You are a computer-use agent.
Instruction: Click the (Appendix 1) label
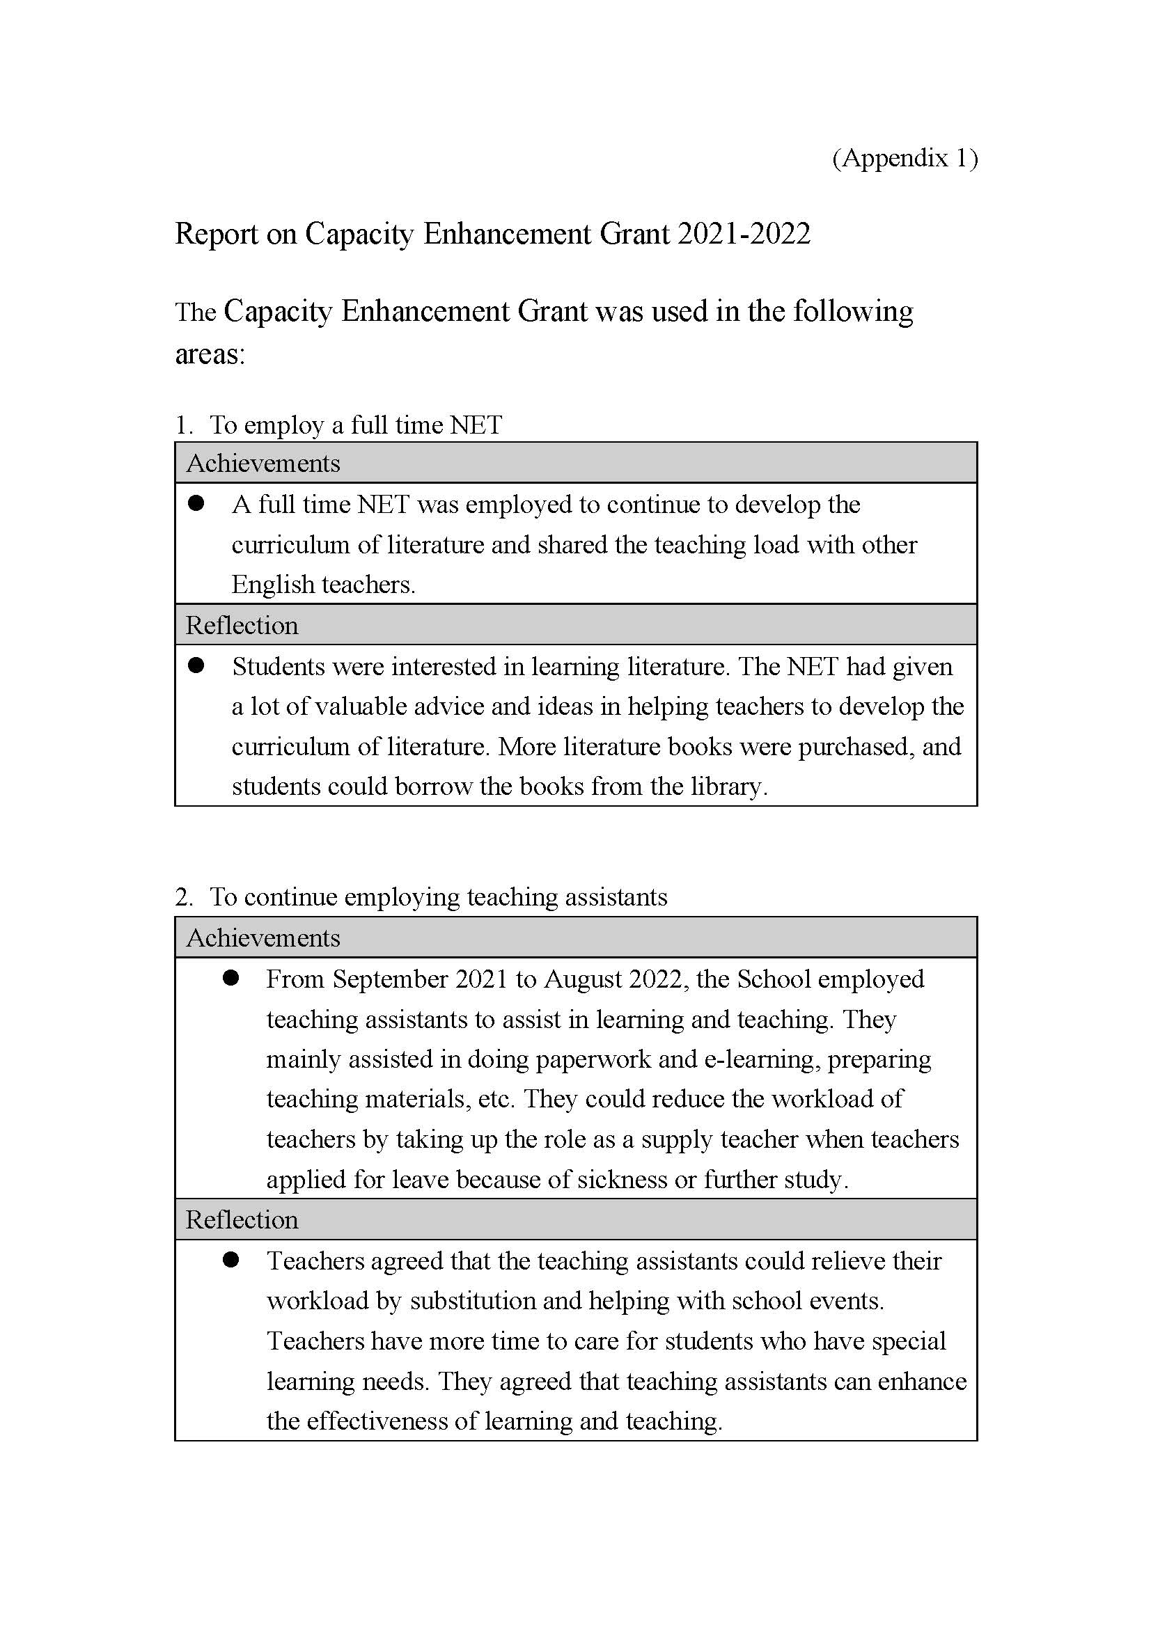pos(905,157)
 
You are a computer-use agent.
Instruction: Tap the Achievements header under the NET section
pos(263,464)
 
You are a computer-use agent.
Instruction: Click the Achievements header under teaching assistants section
pos(263,938)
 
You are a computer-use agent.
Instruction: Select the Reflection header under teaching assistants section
pos(242,1219)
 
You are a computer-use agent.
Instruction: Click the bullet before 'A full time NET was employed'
pos(196,503)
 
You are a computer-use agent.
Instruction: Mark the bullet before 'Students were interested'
pos(196,665)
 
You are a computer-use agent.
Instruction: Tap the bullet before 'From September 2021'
pos(230,978)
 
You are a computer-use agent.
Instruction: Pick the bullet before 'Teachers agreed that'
pos(230,1259)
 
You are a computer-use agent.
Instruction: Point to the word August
pos(581,979)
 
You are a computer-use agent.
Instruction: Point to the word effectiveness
pos(385,1421)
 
